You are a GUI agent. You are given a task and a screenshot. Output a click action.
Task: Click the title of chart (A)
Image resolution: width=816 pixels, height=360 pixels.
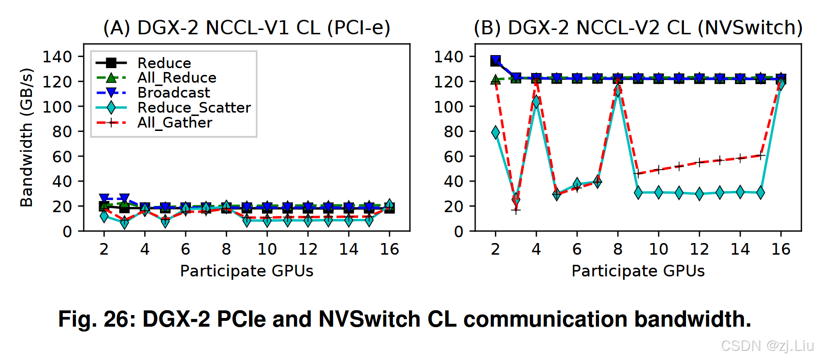tap(247, 28)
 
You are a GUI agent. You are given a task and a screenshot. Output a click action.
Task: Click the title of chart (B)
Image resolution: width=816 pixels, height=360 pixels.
tap(638, 28)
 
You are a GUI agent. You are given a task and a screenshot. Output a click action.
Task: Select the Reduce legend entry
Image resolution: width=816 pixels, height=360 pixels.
tap(164, 63)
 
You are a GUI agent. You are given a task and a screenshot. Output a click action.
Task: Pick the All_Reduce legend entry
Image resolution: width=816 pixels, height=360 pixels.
tap(176, 78)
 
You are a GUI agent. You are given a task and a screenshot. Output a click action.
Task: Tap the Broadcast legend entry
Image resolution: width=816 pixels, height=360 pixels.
tap(174, 93)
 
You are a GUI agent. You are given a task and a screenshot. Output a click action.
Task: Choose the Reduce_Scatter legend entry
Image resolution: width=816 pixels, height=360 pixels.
tap(194, 108)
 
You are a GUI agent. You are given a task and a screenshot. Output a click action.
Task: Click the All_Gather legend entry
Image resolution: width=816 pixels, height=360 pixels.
tap(175, 123)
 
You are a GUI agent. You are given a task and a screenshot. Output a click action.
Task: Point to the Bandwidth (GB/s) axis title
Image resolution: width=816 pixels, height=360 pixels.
tap(27, 138)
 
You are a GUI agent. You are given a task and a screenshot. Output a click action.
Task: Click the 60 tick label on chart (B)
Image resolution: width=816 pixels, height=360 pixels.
tap(453, 157)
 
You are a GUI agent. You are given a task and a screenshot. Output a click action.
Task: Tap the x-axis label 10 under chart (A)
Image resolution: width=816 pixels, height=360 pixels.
tap(267, 249)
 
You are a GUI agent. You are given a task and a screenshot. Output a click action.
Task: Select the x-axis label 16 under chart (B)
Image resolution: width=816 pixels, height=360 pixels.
tap(781, 249)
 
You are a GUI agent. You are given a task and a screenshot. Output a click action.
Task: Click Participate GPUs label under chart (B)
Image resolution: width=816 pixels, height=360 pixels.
tap(638, 271)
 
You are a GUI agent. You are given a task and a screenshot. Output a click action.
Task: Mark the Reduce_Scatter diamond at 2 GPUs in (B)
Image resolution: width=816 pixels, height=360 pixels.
tap(495, 132)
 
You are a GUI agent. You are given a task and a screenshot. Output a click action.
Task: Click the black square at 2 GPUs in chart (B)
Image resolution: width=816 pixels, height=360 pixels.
tap(495, 61)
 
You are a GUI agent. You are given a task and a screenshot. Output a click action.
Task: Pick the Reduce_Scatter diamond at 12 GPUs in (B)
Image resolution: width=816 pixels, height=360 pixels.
tap(699, 194)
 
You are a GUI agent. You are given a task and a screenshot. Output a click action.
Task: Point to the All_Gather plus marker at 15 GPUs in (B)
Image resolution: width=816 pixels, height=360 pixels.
tap(760, 156)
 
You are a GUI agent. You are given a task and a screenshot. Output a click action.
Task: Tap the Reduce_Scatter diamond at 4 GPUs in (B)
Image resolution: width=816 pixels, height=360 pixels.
tap(536, 101)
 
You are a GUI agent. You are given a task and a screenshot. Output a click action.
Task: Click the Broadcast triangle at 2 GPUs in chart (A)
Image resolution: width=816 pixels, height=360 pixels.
tap(104, 199)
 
